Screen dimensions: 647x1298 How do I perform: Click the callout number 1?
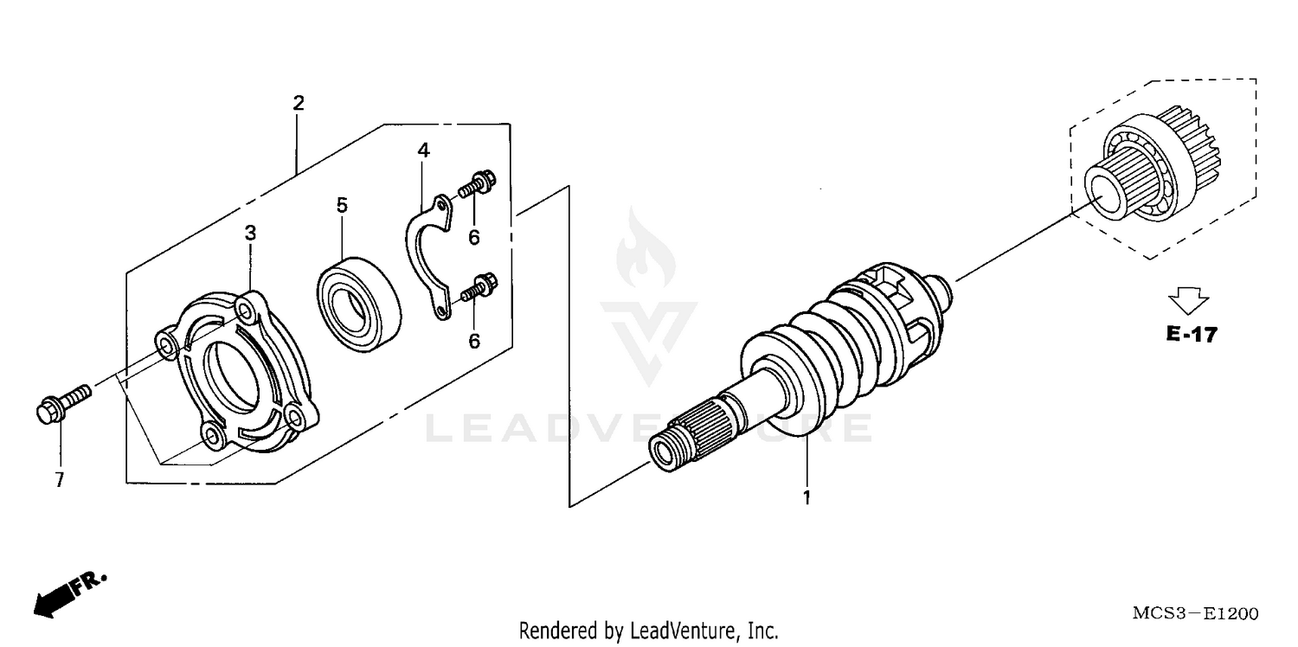[x=806, y=498]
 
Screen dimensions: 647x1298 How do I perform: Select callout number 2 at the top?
[x=299, y=104]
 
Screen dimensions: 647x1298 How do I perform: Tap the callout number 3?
[x=250, y=233]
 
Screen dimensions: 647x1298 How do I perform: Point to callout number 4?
[x=423, y=151]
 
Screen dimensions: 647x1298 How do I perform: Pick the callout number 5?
[x=342, y=205]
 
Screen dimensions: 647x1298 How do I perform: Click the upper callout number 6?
[x=474, y=237]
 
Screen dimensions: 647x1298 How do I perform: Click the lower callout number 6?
[x=474, y=341]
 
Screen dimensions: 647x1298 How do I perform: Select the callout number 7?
[x=59, y=480]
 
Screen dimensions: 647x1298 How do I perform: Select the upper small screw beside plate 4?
[x=477, y=184]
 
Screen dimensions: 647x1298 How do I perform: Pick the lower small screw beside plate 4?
[x=478, y=286]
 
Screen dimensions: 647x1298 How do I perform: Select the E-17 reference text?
[x=1191, y=335]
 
